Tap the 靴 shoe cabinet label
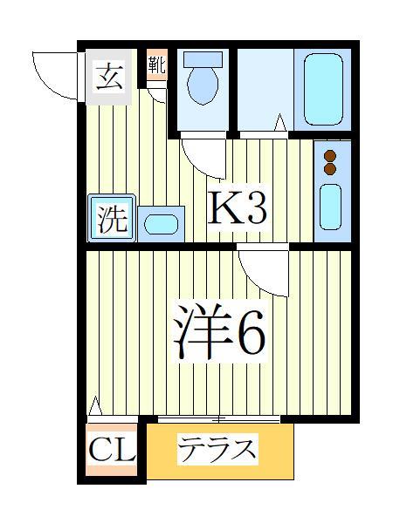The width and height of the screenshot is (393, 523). [156, 64]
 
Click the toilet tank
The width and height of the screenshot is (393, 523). [203, 60]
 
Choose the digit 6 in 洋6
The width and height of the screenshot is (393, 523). [248, 332]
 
